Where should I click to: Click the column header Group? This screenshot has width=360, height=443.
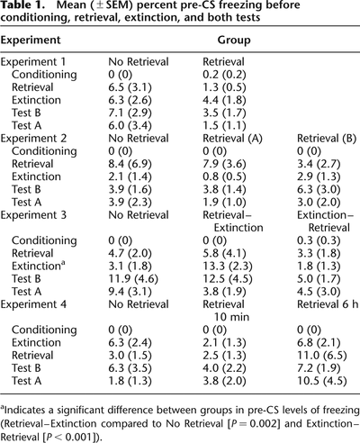pos(234,40)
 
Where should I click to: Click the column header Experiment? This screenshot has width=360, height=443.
pos(31,41)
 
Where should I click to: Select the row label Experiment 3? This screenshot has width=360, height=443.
pos(33,215)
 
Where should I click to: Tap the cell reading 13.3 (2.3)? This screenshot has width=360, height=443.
pos(228,267)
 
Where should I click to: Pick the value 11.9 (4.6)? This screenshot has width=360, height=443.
pos(133,279)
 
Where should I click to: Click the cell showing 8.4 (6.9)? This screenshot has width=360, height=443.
pos(130,164)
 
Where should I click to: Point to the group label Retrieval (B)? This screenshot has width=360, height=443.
pos(327,139)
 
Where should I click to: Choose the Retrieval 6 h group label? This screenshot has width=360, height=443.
pos(328,304)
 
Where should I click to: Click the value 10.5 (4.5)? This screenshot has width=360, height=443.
pos(322,381)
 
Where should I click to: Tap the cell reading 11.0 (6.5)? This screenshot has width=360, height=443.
pos(322,356)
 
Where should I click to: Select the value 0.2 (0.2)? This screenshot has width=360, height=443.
pos(224,75)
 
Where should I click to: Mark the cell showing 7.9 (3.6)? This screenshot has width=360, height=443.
pos(224,164)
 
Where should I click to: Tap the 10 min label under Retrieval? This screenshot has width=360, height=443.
pos(231,317)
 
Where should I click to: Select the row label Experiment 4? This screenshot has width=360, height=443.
pos(33,304)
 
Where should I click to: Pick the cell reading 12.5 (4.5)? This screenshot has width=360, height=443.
pos(228,279)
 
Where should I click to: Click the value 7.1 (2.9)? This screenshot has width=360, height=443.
pos(130,113)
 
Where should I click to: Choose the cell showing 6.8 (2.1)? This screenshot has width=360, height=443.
pos(319,343)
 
